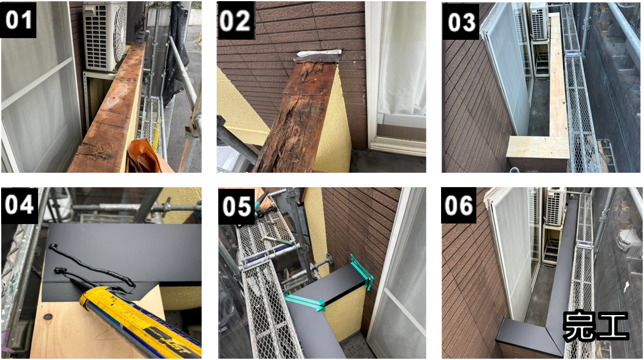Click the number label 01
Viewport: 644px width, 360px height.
[x=19, y=19]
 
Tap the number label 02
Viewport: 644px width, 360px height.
[x=235, y=20]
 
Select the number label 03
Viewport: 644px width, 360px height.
[x=461, y=22]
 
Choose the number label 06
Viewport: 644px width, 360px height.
[x=459, y=205]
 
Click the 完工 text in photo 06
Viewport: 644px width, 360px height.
[x=596, y=326]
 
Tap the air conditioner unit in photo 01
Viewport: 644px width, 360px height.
[x=105, y=36]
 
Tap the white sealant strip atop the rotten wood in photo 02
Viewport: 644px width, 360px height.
[x=319, y=53]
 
